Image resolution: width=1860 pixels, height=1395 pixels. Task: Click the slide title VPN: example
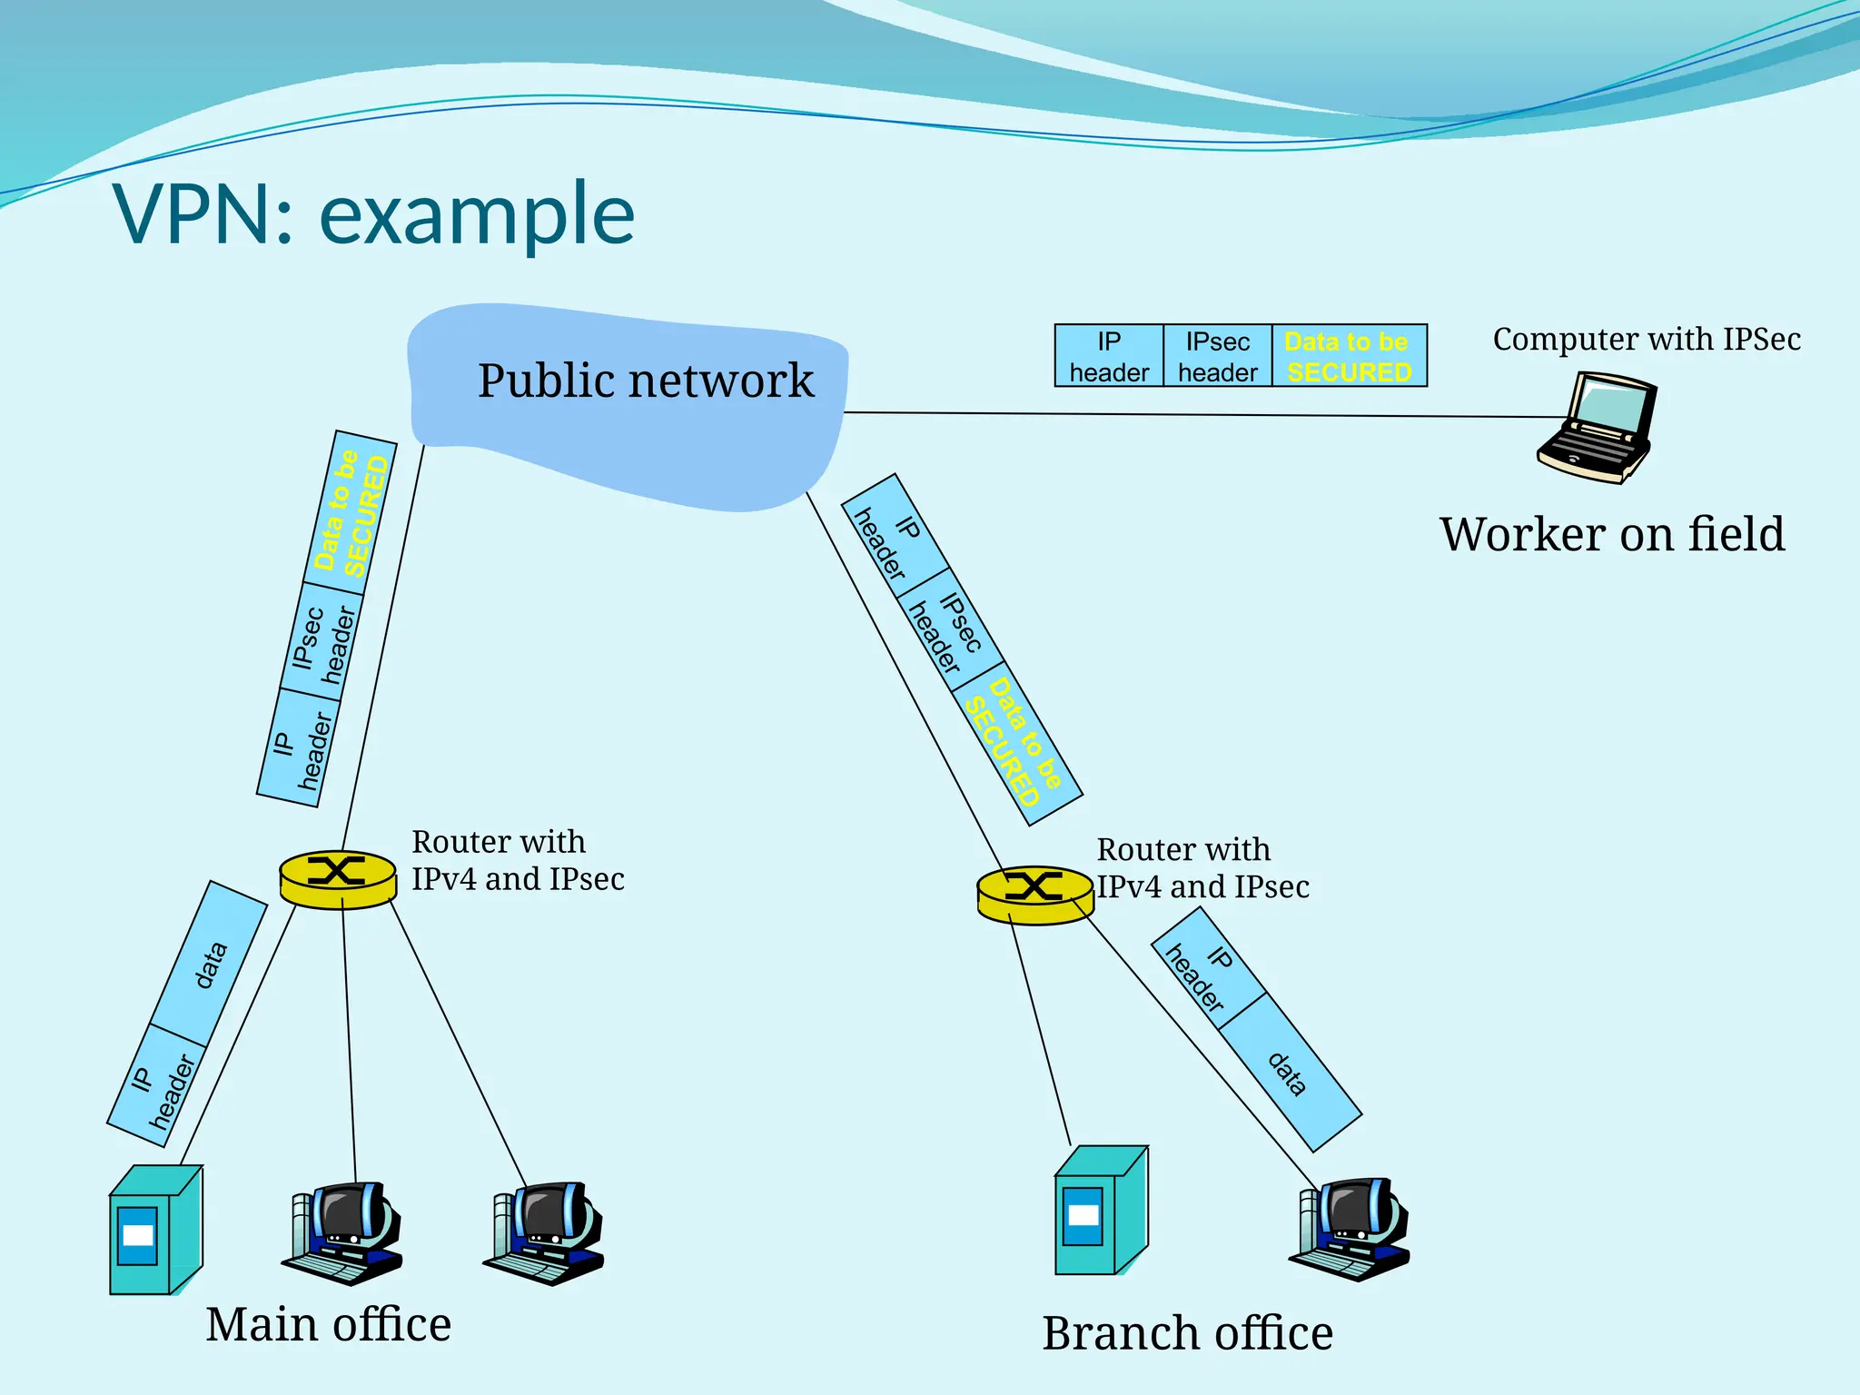tap(373, 214)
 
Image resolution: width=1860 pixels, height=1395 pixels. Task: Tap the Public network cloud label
tap(645, 380)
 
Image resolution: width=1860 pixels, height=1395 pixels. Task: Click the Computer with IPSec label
tap(1646, 339)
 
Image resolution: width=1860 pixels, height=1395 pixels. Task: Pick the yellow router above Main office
tap(337, 878)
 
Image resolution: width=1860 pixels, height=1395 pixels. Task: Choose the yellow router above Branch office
tap(1034, 894)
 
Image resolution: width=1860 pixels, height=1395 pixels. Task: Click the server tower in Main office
tap(154, 1231)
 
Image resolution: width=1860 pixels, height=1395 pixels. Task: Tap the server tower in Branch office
tap(1100, 1211)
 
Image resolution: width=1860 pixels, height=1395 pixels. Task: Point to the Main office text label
tap(328, 1324)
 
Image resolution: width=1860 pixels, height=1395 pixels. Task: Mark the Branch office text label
tap(1186, 1333)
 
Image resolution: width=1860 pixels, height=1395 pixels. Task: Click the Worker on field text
tap(1611, 534)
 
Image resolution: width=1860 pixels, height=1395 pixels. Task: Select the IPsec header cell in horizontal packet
tap(1217, 356)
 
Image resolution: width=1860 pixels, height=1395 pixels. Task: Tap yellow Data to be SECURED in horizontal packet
tap(1349, 356)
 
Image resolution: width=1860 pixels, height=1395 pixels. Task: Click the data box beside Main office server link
tap(209, 964)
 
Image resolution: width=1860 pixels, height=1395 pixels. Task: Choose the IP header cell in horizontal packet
tap(1108, 356)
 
